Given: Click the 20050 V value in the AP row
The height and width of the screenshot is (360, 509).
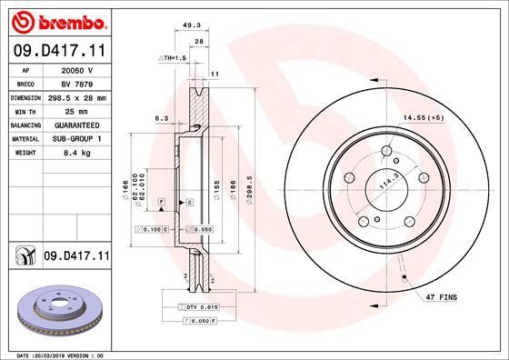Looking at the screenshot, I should [78, 68].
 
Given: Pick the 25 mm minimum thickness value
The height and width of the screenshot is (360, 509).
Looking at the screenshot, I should [78, 110].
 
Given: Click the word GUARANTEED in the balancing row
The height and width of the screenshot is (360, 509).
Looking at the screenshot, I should [78, 124].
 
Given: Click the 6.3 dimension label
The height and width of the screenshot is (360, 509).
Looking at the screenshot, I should [161, 118].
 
